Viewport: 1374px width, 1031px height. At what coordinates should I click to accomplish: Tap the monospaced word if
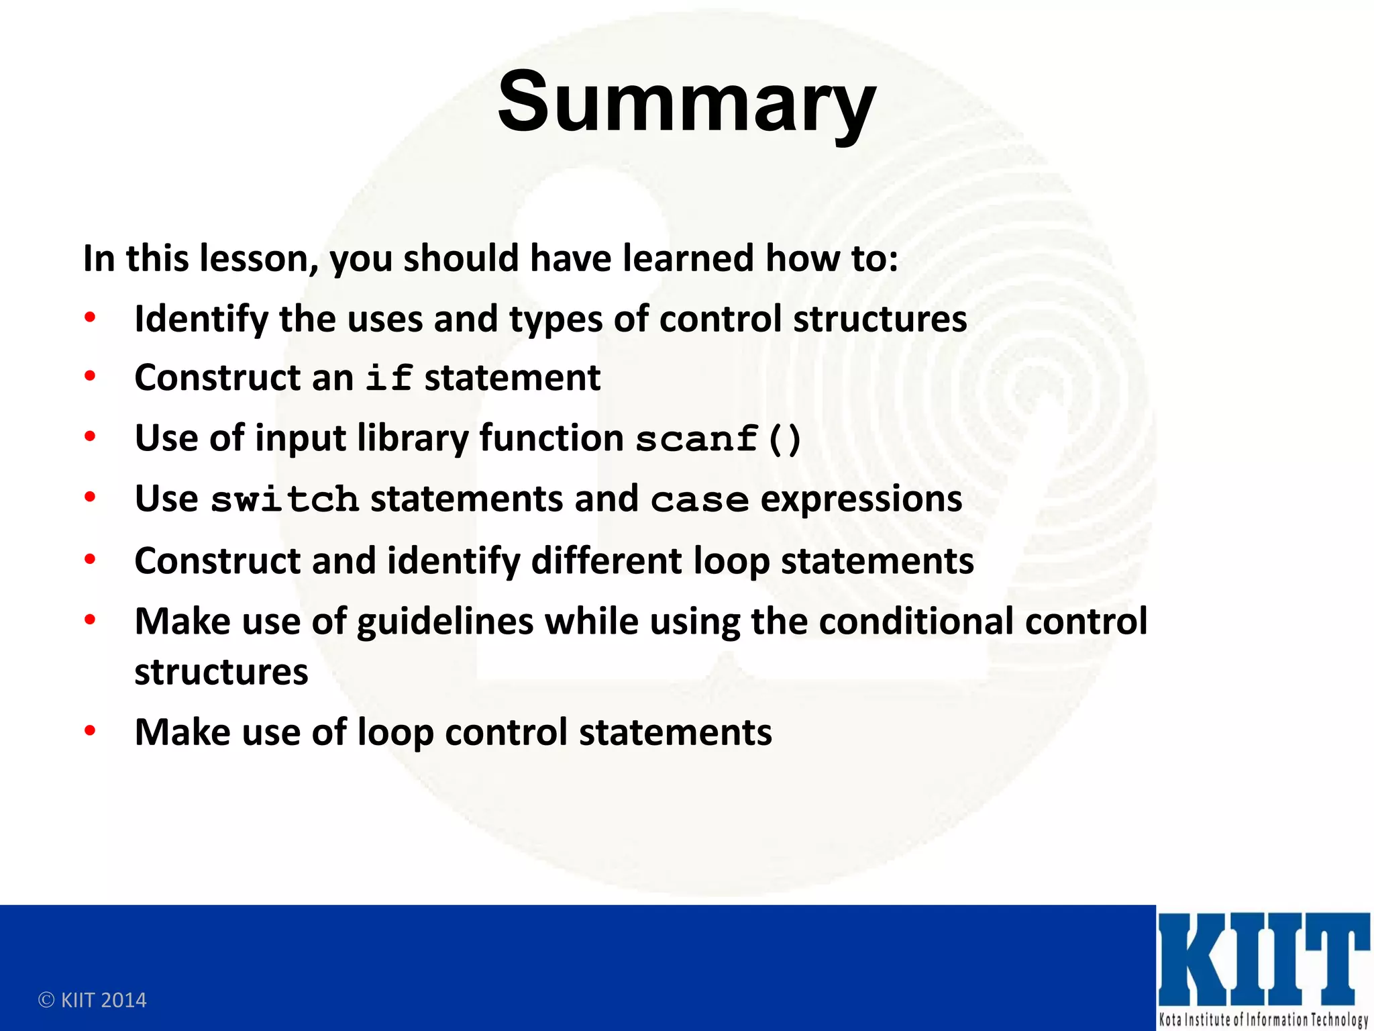(x=388, y=378)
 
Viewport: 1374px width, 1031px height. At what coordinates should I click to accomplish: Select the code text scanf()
(x=718, y=440)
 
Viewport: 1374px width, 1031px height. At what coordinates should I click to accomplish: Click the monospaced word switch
(x=284, y=500)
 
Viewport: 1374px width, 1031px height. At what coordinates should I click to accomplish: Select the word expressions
(x=861, y=499)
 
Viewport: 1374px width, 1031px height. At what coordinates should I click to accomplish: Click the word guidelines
(x=445, y=622)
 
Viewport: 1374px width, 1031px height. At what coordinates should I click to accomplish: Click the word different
(x=606, y=561)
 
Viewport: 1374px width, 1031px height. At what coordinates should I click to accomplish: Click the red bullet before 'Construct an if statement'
(x=90, y=377)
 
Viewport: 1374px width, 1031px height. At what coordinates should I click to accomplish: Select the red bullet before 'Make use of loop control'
(x=90, y=731)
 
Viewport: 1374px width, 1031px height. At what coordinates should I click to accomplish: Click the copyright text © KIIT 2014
(x=93, y=1000)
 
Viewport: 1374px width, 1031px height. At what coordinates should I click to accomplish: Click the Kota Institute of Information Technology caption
(x=1263, y=1020)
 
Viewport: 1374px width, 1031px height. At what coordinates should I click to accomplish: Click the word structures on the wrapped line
(x=221, y=673)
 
